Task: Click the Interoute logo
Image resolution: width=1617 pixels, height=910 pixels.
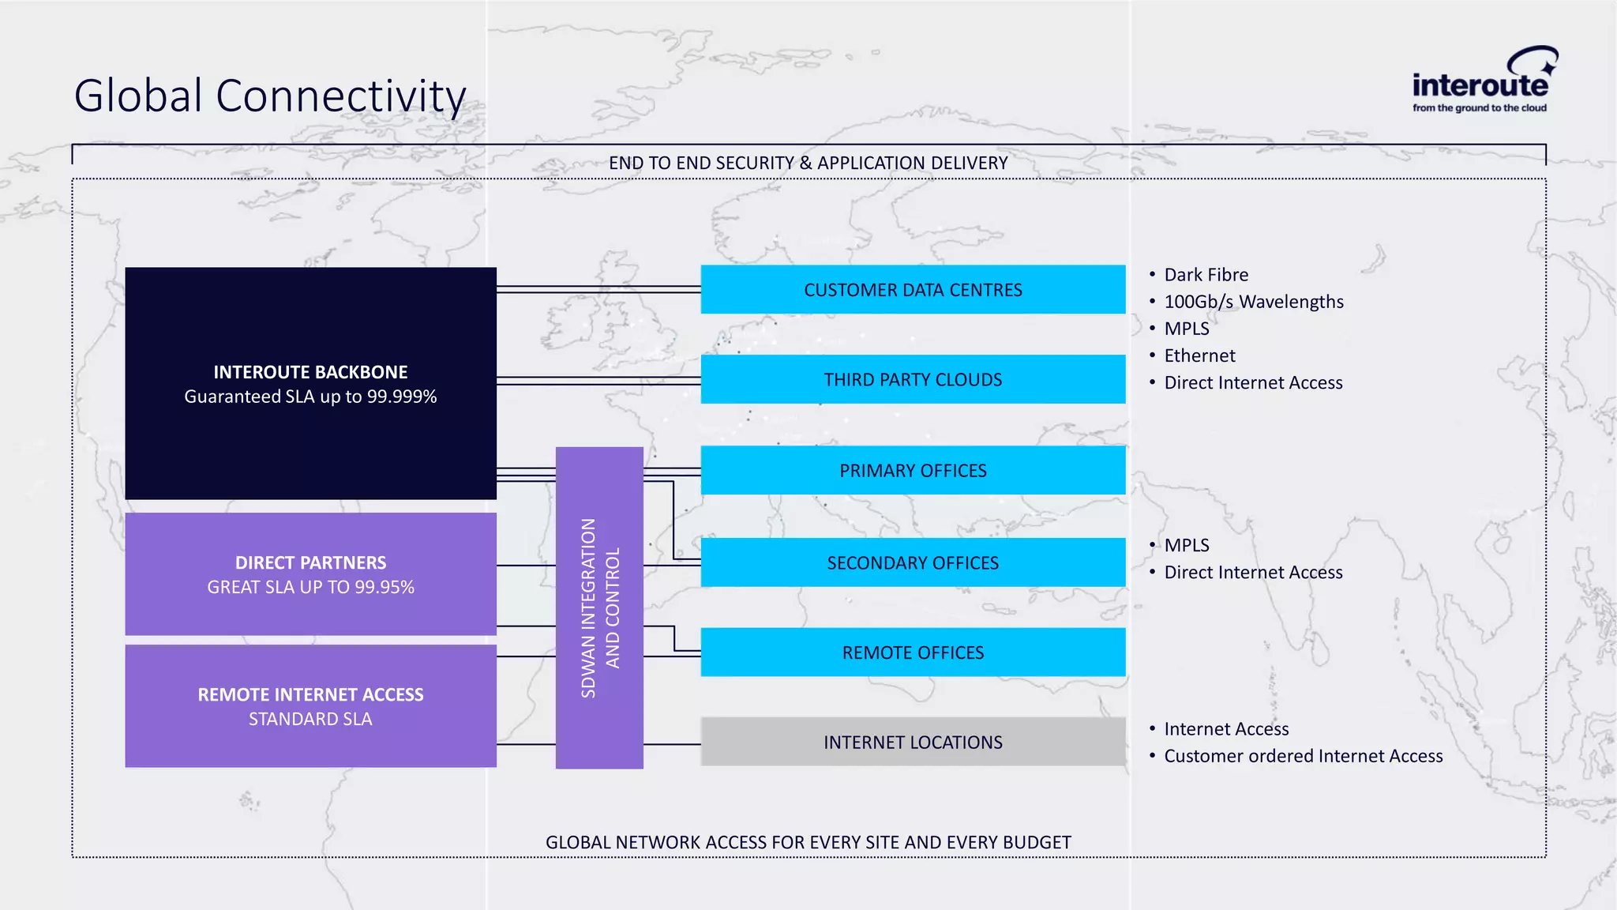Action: [x=1480, y=81]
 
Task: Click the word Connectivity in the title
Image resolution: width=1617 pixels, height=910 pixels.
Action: [x=340, y=96]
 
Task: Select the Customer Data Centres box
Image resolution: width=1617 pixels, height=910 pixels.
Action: [x=913, y=290]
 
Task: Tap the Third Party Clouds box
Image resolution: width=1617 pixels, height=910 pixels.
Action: [x=913, y=380]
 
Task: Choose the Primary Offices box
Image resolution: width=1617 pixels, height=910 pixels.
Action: [x=913, y=471]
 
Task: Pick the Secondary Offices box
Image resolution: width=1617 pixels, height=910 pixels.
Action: [x=913, y=562]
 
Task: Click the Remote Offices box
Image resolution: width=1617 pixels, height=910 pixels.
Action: [x=913, y=652]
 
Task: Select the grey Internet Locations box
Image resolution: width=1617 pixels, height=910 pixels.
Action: [x=913, y=742]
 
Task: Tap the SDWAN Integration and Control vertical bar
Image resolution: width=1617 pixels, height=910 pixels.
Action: [x=599, y=608]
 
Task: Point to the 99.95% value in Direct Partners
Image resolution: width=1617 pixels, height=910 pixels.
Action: [x=385, y=587]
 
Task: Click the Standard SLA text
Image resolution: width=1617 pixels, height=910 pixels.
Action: [x=310, y=719]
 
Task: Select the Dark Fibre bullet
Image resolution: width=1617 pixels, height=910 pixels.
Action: [x=1206, y=275]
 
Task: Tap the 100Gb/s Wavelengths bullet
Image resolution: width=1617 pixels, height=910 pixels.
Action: [x=1253, y=302]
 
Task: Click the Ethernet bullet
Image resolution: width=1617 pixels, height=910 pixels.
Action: [x=1199, y=355]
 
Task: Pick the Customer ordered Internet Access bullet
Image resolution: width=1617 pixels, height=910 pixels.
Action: [x=1303, y=756]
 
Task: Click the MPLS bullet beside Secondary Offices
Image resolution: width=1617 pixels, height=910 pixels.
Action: [x=1187, y=545]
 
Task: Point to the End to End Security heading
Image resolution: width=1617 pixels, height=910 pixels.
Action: [x=808, y=163]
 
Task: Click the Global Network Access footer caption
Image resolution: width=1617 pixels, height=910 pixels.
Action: [x=808, y=842]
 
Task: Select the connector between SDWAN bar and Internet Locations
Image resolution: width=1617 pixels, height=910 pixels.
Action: [x=672, y=744]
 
